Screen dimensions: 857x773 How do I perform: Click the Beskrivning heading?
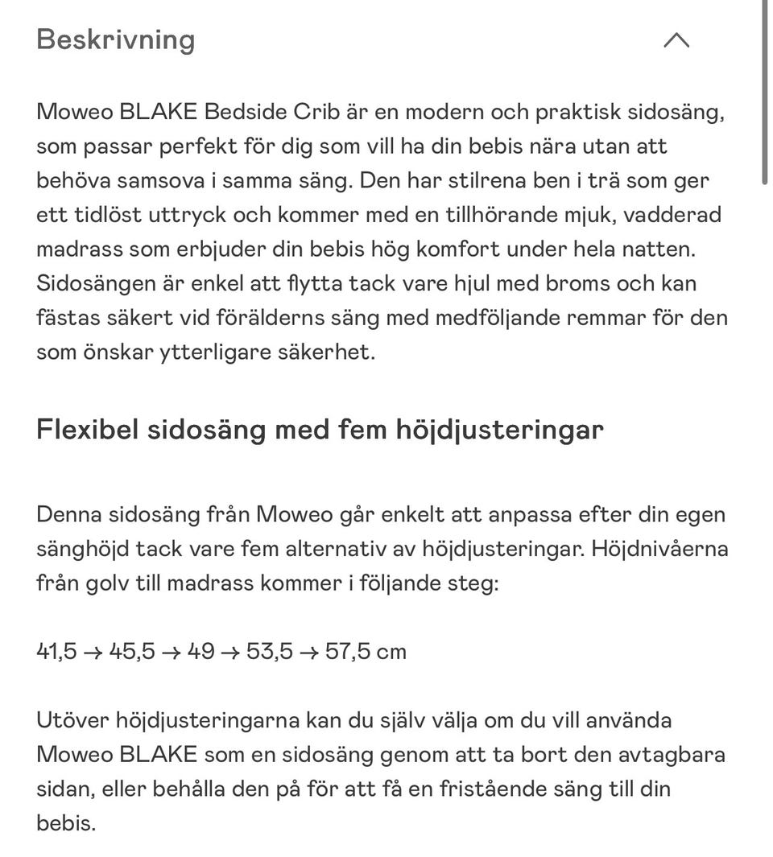(116, 39)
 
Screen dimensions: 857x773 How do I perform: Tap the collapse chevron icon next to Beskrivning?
(676, 40)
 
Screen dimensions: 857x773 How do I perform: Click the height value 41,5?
(56, 651)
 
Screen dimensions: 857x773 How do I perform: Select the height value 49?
(200, 651)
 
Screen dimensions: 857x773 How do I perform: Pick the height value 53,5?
(270, 651)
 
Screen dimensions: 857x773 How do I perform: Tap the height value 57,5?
(348, 651)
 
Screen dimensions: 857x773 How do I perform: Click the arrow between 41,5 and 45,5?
(93, 652)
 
